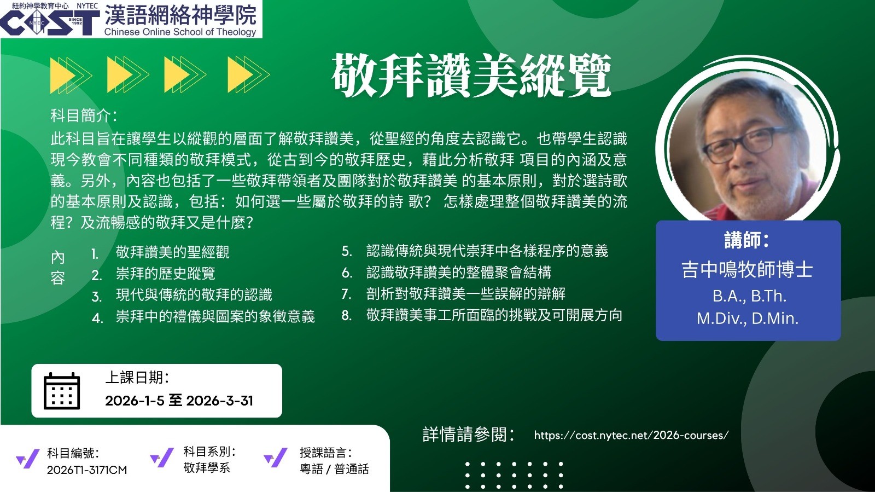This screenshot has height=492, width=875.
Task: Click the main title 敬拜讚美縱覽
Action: pyautogui.click(x=471, y=76)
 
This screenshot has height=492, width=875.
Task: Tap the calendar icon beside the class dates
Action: pyautogui.click(x=62, y=391)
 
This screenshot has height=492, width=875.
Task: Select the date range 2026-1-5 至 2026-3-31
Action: pyautogui.click(x=179, y=401)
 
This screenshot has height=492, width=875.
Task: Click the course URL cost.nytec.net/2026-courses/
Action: pyautogui.click(x=631, y=435)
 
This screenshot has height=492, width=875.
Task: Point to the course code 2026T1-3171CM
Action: pyautogui.click(x=87, y=470)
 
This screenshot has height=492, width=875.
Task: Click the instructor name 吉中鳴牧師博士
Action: pyautogui.click(x=747, y=270)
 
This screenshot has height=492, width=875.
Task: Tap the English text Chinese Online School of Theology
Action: pyautogui.click(x=180, y=32)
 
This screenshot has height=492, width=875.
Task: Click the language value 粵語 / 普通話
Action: pyautogui.click(x=334, y=469)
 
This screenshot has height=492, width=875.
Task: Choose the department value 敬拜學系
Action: pyautogui.click(x=207, y=468)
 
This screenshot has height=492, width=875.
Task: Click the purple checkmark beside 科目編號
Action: pyautogui.click(x=27, y=459)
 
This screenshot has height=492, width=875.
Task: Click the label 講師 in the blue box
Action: pyautogui.click(x=747, y=240)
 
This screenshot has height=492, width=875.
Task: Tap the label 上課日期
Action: pyautogui.click(x=137, y=378)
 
